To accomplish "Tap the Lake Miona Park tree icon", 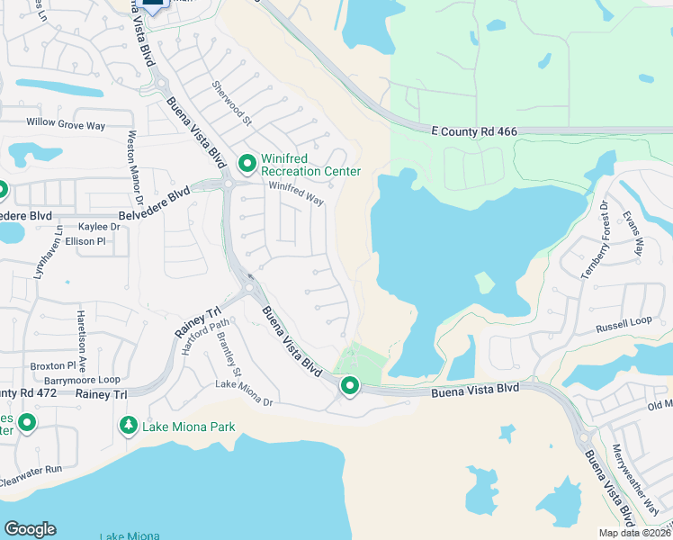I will tap(130, 425).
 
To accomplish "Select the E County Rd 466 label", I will tap(473, 131).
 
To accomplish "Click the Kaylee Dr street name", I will tap(99, 227).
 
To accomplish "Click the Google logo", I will tap(30, 529).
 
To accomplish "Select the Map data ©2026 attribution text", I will tap(633, 533).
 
